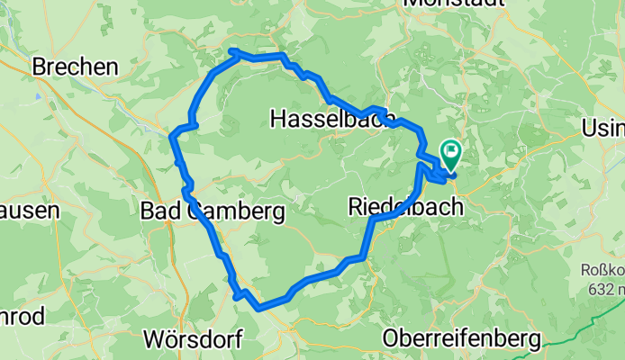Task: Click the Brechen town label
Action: pyautogui.click(x=75, y=67)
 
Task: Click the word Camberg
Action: pyautogui.click(x=236, y=211)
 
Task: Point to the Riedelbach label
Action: pyautogui.click(x=405, y=207)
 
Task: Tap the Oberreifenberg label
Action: pyautogui.click(x=461, y=339)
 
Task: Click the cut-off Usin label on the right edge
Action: pyautogui.click(x=604, y=127)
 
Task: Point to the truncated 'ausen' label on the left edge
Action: pyautogui.click(x=29, y=211)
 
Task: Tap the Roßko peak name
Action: pyautogui.click(x=602, y=269)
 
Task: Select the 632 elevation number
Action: pyautogui.click(x=598, y=289)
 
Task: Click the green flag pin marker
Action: pyautogui.click(x=448, y=151)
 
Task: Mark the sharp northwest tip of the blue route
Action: pyautogui.click(x=232, y=51)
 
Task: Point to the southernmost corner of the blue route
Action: pyautogui.click(x=259, y=308)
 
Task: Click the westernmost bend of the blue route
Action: pyautogui.click(x=173, y=137)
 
